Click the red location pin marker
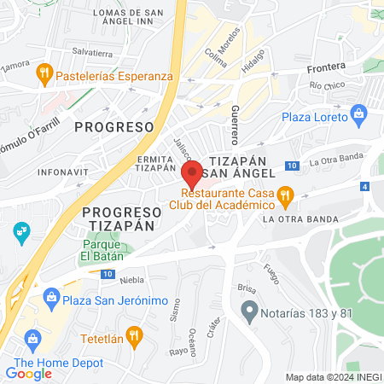(192, 172)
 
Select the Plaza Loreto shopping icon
(358, 114)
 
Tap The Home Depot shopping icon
(32, 339)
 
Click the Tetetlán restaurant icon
(132, 335)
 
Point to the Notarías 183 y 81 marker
(249, 309)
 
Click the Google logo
(28, 373)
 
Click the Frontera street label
(328, 66)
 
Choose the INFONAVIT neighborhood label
(61, 172)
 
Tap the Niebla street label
(132, 279)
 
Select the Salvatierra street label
(93, 51)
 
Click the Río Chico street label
(328, 85)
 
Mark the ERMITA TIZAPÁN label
(158, 164)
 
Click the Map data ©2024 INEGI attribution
(333, 376)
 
